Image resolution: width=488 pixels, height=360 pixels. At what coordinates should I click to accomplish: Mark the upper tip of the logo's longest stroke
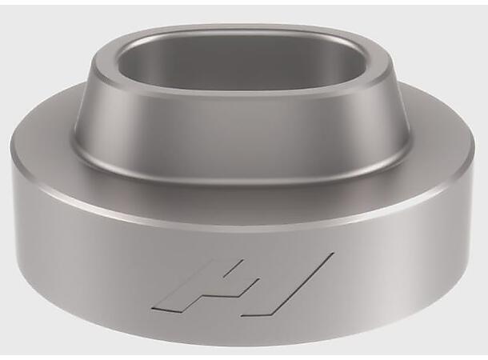tap(329, 256)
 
